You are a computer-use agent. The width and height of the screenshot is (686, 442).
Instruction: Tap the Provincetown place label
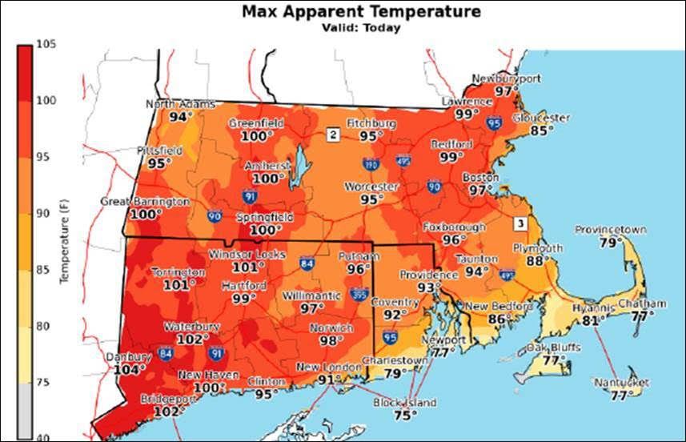coord(610,230)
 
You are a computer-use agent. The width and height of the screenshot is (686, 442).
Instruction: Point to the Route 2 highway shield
coord(332,134)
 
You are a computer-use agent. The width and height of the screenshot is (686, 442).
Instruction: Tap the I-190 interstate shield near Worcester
coord(371,164)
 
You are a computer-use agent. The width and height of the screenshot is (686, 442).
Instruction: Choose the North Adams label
coord(181,104)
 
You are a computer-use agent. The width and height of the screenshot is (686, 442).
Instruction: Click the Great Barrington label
coord(145,201)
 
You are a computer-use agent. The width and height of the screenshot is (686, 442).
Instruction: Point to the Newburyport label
coord(506,78)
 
